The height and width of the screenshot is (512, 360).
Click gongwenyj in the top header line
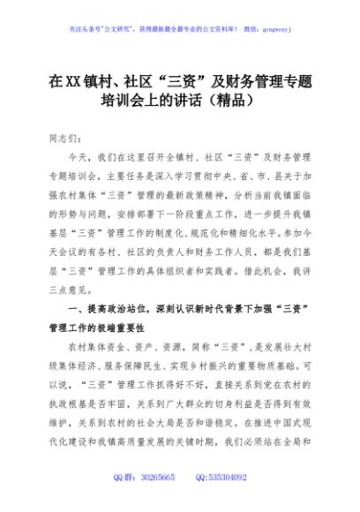point(275,28)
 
